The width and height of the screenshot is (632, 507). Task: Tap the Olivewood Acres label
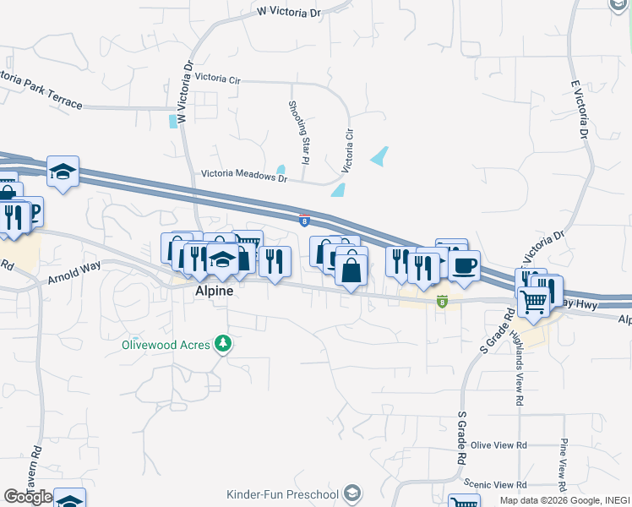[166, 344]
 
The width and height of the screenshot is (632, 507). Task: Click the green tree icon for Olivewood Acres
[222, 343]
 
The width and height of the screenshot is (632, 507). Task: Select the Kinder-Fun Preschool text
[282, 493]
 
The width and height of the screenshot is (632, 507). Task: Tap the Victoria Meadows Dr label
[244, 177]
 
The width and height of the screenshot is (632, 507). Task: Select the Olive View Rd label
[499, 445]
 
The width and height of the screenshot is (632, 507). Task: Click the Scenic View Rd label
[499, 485]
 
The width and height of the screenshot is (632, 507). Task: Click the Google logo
[28, 497]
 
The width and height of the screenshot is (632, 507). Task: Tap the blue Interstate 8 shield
[304, 221]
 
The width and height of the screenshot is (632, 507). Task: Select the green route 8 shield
[442, 301]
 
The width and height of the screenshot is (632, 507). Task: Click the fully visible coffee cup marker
[463, 266]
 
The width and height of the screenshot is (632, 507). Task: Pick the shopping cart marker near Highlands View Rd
[534, 300]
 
